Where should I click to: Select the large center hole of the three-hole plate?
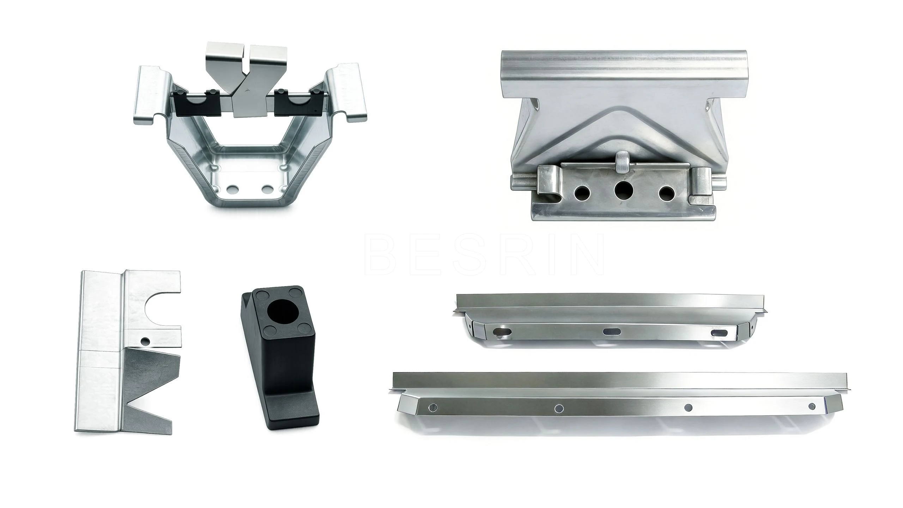tap(624, 191)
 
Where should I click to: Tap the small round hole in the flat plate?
tap(145, 341)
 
